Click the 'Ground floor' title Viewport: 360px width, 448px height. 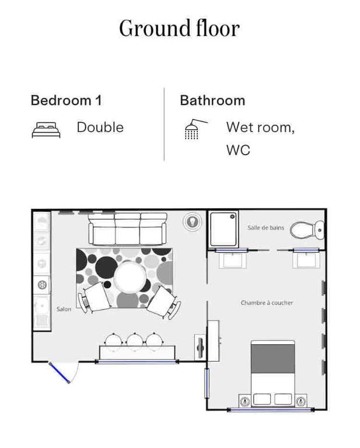tap(180, 28)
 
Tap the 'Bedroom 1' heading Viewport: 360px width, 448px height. tap(66, 100)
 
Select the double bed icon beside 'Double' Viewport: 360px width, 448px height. tap(46, 130)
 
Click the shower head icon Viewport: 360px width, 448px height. tap(195, 129)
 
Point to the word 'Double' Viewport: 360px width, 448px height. tap(100, 127)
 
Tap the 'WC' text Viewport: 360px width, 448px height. tap(238, 150)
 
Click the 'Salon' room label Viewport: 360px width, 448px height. tap(64, 309)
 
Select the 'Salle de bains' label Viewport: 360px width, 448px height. tap(265, 228)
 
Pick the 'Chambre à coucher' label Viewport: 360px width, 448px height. tap(267, 303)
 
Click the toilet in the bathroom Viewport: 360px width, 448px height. tap(307, 230)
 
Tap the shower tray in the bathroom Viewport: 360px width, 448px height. tap(223, 229)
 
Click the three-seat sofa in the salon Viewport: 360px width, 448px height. tap(127, 229)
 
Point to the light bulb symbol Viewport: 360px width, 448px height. tap(193, 222)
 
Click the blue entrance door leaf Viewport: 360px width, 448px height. tap(59, 372)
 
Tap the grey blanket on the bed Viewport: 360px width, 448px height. tap(273, 359)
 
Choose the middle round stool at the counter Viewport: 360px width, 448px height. tap(135, 339)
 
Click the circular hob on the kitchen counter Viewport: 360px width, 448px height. tap(42, 285)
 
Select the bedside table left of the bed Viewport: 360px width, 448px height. tap(245, 401)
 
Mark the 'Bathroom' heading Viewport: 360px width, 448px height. tap(212, 100)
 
